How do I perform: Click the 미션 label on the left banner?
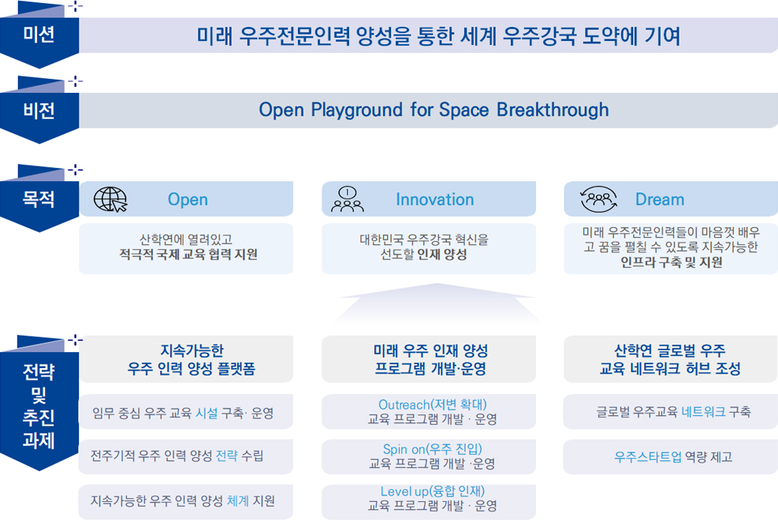(39, 34)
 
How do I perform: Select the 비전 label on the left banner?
(39, 110)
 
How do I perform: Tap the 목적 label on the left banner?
(39, 199)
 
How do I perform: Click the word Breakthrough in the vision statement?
(553, 110)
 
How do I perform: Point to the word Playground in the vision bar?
(356, 110)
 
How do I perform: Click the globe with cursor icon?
(110, 200)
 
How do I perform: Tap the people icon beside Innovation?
(348, 199)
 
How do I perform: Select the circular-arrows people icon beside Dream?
(599, 199)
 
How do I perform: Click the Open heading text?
(188, 199)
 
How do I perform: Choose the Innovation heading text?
(434, 199)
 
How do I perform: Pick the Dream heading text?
(660, 199)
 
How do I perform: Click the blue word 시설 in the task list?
(207, 413)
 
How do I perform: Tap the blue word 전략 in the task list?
(227, 455)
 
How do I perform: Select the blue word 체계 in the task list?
(238, 500)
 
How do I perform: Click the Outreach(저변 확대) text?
(432, 404)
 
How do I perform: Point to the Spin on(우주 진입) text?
(432, 449)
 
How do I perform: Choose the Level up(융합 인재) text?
(432, 492)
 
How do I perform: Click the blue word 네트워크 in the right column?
(703, 411)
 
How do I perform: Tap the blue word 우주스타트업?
(647, 456)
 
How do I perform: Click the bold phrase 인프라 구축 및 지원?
(671, 262)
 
